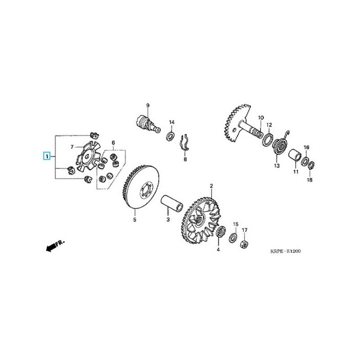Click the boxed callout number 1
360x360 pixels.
46,157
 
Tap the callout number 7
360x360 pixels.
72,147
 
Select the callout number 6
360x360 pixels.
113,143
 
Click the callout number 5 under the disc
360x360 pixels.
134,220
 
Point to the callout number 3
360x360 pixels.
167,220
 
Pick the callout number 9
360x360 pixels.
147,105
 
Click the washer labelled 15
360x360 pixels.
234,238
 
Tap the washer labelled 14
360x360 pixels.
171,135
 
